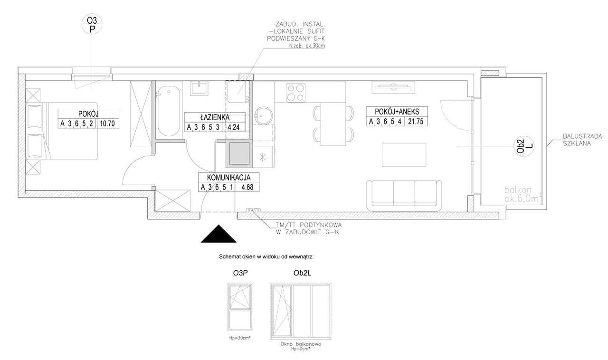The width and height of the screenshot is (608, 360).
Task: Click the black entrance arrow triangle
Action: coord(218,235)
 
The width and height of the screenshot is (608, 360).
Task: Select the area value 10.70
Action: coord(108,124)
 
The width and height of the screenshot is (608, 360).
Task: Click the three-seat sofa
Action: coord(404,195)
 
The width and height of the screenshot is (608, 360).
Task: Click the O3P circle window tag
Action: coord(93,24)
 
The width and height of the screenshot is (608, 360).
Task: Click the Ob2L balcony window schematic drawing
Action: coord(300,311)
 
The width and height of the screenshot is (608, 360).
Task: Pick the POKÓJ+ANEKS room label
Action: coord(397,111)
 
